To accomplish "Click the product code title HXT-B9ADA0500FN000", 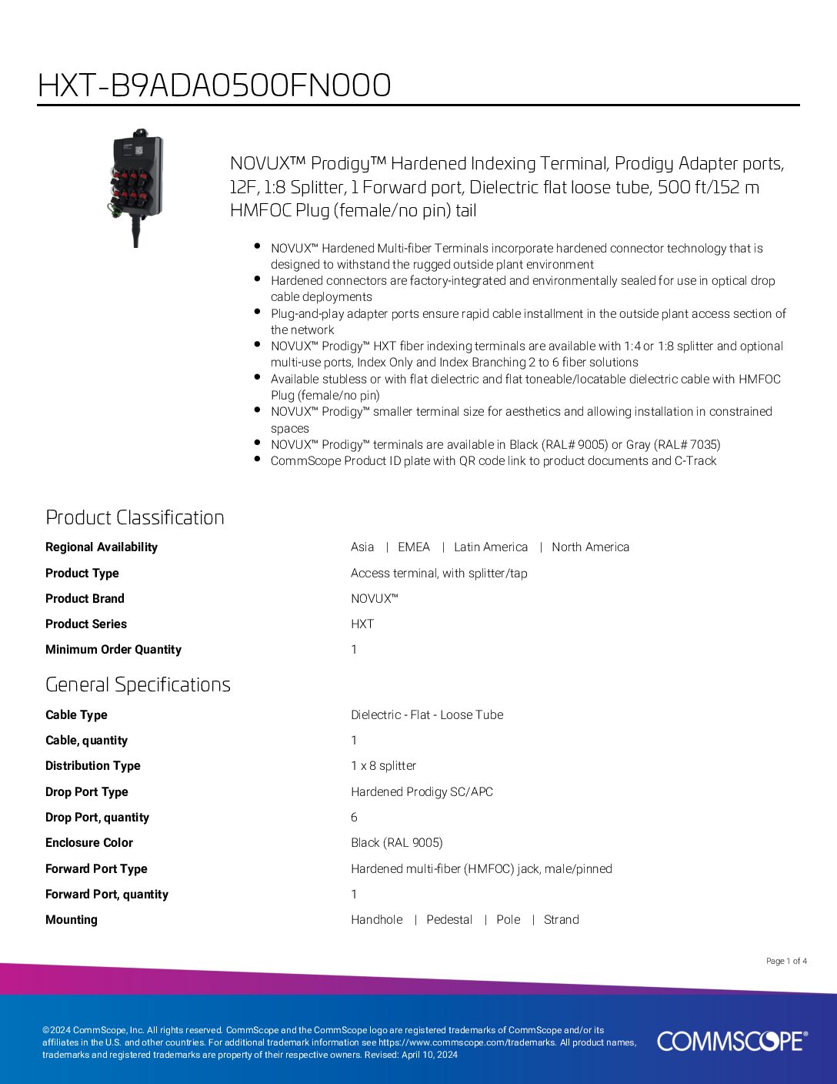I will coord(214,85).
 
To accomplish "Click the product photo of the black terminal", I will coord(137,187).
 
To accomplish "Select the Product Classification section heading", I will coord(135,517).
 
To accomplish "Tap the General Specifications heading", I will coord(138,684).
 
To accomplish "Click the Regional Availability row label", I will coord(102,547).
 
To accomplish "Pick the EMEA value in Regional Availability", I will coord(413,547).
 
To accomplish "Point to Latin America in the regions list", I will coord(491,547).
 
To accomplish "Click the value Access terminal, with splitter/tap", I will coord(439,573).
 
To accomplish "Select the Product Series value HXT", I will coord(362,624).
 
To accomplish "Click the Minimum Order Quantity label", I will coord(113,650).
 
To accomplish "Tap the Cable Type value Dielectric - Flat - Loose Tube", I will coord(427,714).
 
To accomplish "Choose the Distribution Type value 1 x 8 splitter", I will coord(383,766).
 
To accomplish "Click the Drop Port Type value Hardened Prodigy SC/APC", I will coord(422,791).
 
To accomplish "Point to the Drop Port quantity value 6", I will coord(354,818).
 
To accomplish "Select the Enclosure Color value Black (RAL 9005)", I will coord(396,843).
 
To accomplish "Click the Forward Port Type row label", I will coord(96,868).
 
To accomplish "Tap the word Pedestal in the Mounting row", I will coord(449,920).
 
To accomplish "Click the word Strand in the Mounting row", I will coord(561,920).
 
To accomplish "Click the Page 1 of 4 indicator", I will coord(786,961).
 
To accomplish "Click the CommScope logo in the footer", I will coord(732,1041).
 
